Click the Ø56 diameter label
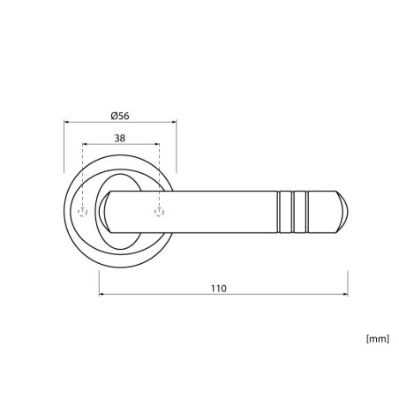[120, 116]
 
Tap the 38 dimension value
[120, 138]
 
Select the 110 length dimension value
[219, 289]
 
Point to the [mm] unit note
[378, 339]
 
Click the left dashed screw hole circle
[82, 212]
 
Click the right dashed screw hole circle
[159, 212]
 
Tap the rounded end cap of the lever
[343, 212]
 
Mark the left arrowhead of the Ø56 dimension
[66, 121]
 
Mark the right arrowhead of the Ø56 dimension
[174, 121]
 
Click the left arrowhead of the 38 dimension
[85, 144]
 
